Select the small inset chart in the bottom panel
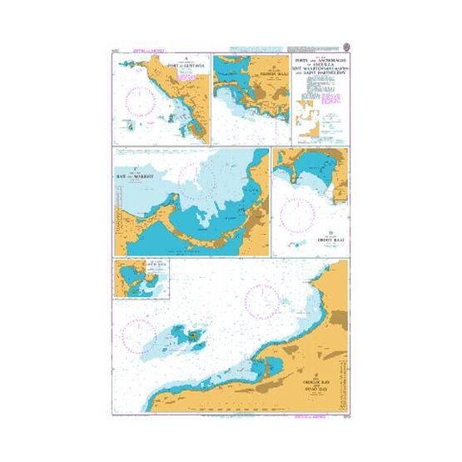(x=141, y=277)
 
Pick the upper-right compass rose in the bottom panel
(x=262, y=297)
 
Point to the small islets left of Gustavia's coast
(x=132, y=125)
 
